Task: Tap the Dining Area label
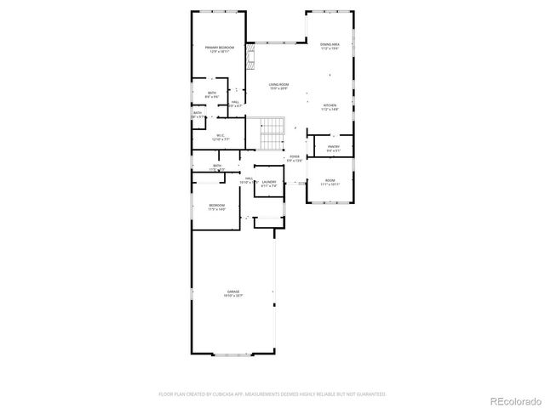click(330, 46)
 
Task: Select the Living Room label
click(278, 86)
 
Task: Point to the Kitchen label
click(329, 107)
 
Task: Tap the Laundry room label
click(269, 182)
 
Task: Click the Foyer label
click(295, 158)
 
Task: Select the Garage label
click(232, 294)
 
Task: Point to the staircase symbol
click(271, 133)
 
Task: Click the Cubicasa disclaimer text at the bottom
click(272, 394)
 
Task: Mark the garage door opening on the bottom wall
click(232, 353)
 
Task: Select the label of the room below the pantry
click(330, 182)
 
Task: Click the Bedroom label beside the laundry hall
click(217, 207)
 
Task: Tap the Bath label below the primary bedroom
click(211, 94)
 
